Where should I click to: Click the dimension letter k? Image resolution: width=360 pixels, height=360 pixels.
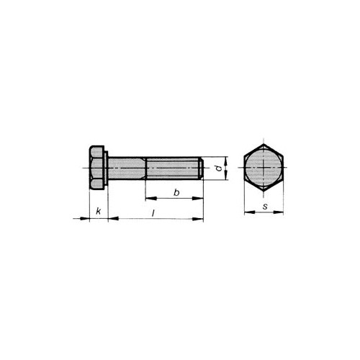click(98, 212)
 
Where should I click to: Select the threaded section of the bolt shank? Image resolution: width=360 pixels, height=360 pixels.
click(173, 170)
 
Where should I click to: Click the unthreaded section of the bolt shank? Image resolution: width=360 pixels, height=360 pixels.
click(127, 170)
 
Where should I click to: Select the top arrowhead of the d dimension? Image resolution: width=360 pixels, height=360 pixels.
click(227, 160)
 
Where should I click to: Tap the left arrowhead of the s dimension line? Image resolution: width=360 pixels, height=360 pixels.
click(246, 213)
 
